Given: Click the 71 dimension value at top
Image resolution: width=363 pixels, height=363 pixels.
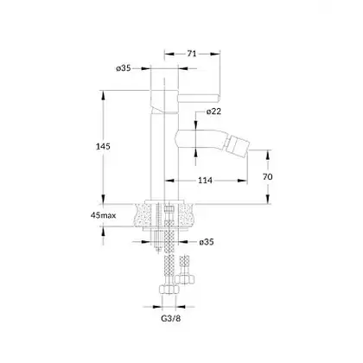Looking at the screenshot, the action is [x=192, y=54].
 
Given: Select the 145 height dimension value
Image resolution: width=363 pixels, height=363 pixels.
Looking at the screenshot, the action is [x=103, y=146].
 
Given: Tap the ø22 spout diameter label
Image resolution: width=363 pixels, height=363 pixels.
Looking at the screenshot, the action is [x=213, y=111].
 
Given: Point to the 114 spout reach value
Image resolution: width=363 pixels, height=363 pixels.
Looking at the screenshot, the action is [x=205, y=181].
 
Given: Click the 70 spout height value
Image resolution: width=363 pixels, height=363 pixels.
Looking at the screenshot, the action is [x=267, y=176].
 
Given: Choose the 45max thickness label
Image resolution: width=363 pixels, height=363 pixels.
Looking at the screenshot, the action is [x=103, y=215].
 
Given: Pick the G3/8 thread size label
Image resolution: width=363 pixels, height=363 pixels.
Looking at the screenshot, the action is [x=170, y=319].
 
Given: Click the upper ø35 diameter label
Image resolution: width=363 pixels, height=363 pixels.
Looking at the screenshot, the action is [x=124, y=68].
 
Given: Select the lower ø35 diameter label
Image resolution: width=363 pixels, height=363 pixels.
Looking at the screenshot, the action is [x=207, y=242].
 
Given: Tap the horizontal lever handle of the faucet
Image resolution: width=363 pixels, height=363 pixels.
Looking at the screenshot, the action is [x=199, y=99].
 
